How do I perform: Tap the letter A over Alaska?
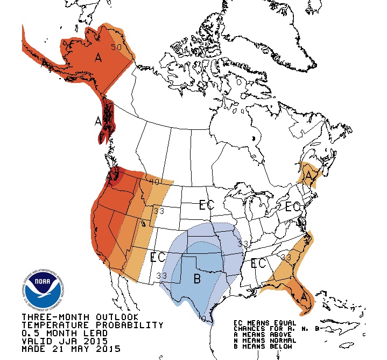[x=98, y=57]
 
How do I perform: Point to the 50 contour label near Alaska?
[x=116, y=47]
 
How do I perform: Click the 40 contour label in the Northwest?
[x=155, y=182]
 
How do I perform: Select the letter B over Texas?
[x=197, y=278]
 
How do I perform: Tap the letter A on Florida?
[x=305, y=296]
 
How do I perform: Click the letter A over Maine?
[x=308, y=176]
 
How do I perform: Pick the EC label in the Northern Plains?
[x=206, y=205]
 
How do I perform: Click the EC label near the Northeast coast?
[x=293, y=206]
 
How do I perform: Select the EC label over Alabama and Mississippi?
[x=259, y=264]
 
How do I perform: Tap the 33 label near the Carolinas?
[x=286, y=258]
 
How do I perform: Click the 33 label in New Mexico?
[x=161, y=276]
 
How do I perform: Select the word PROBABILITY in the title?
[x=129, y=325]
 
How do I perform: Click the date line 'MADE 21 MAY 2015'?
[x=72, y=349]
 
